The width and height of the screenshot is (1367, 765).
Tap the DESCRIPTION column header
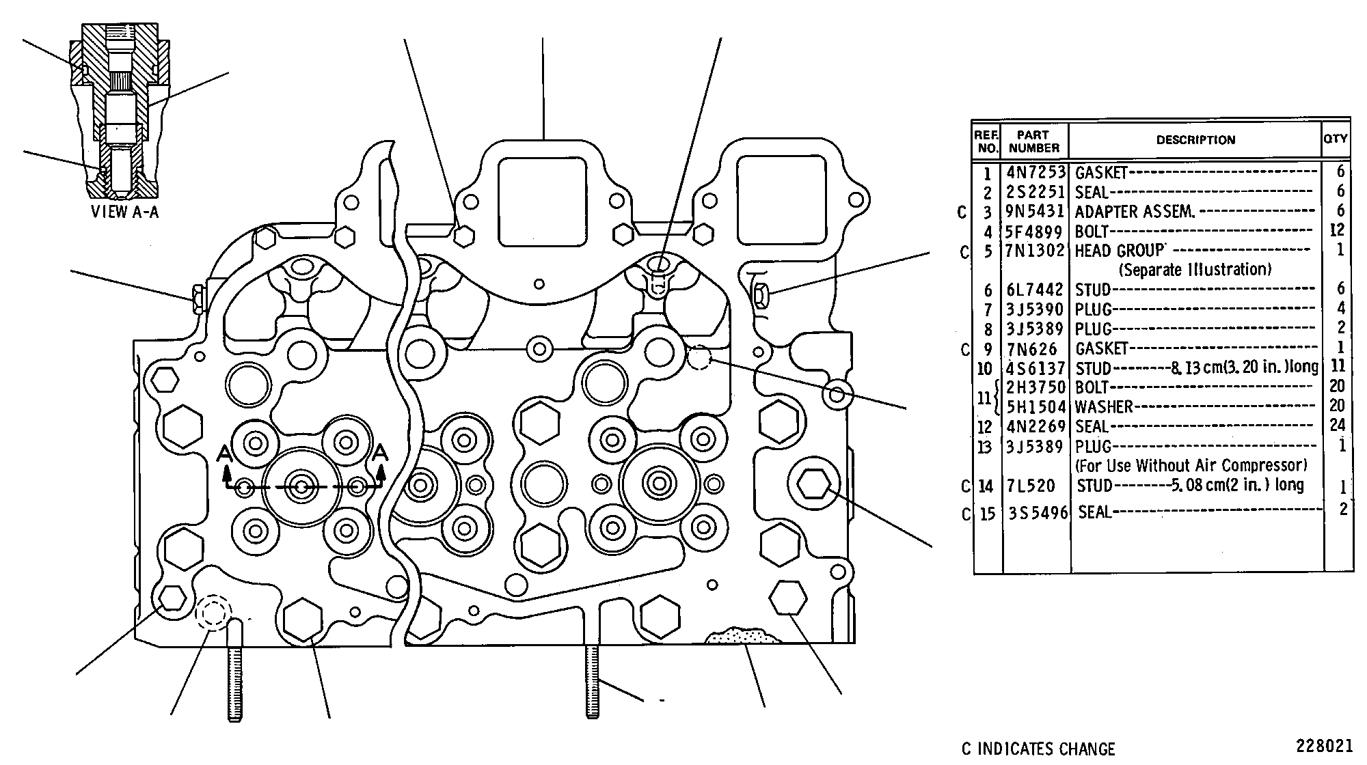pyautogui.click(x=1195, y=140)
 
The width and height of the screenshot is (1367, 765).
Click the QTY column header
pyautogui.click(x=1336, y=138)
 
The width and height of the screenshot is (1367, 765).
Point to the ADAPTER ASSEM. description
pyautogui.click(x=1135, y=212)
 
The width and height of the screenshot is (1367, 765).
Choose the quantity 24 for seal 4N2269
pyautogui.click(x=1337, y=426)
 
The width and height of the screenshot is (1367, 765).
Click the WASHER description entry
pyautogui.click(x=1104, y=407)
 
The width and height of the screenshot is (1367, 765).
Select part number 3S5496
pyautogui.click(x=1038, y=512)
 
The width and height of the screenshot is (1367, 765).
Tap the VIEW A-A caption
pyautogui.click(x=124, y=212)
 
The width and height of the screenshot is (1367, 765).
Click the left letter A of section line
pyautogui.click(x=224, y=453)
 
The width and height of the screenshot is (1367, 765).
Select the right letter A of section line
pyautogui.click(x=381, y=452)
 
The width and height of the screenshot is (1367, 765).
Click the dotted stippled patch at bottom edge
pyautogui.click(x=742, y=635)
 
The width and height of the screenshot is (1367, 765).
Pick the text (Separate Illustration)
pyautogui.click(x=1195, y=270)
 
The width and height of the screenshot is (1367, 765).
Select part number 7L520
pyautogui.click(x=1031, y=486)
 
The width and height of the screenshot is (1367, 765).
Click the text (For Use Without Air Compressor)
pyautogui.click(x=1191, y=466)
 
